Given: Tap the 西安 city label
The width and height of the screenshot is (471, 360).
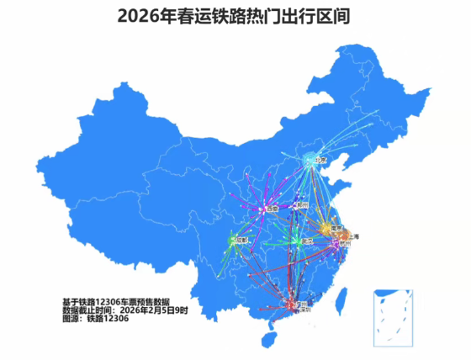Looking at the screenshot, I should (271, 209).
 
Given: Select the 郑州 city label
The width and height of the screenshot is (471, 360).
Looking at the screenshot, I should (304, 204).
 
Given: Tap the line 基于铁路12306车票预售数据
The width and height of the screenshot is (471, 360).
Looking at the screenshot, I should (115, 301).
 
